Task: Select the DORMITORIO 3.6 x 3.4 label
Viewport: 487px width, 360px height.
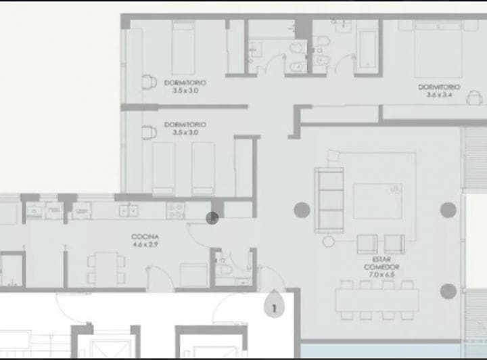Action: pos(438,87)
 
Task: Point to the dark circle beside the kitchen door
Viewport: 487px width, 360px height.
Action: pos(212,218)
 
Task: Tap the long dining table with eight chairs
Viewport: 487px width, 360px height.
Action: pos(377,300)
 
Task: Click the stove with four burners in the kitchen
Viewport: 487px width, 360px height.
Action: pos(176,210)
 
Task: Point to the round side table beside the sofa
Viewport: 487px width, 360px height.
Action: pos(329,241)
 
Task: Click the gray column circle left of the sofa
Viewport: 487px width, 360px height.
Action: pos(300,210)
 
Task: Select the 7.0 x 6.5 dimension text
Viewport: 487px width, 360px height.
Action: pos(382,275)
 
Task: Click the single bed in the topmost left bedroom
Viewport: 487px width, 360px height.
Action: pos(181,49)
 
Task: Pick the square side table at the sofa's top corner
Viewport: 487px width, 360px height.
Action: pos(331,156)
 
